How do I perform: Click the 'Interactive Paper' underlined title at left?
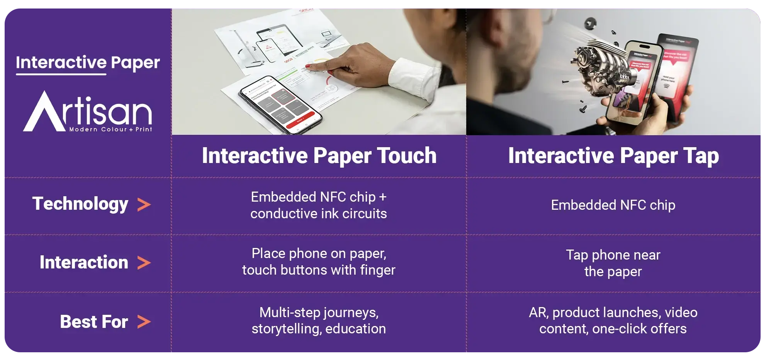(x=88, y=63)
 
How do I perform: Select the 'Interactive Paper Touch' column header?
(x=319, y=156)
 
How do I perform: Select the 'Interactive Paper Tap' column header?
(x=613, y=156)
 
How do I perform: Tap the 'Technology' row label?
(x=80, y=204)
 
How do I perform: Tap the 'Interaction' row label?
(x=84, y=263)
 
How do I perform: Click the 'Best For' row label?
(x=94, y=322)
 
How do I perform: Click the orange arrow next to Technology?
(x=144, y=205)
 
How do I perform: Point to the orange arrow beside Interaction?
(x=144, y=263)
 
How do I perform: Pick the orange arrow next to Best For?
(x=144, y=322)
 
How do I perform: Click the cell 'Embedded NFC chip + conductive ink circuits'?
(x=319, y=205)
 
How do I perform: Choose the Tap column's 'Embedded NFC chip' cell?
(x=613, y=205)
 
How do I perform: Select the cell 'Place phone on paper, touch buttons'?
(x=319, y=262)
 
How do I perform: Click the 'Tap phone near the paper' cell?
(x=613, y=263)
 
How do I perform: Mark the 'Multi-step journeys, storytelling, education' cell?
(x=319, y=321)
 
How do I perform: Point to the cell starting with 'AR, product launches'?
(x=613, y=321)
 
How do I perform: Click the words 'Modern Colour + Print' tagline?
(x=111, y=129)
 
